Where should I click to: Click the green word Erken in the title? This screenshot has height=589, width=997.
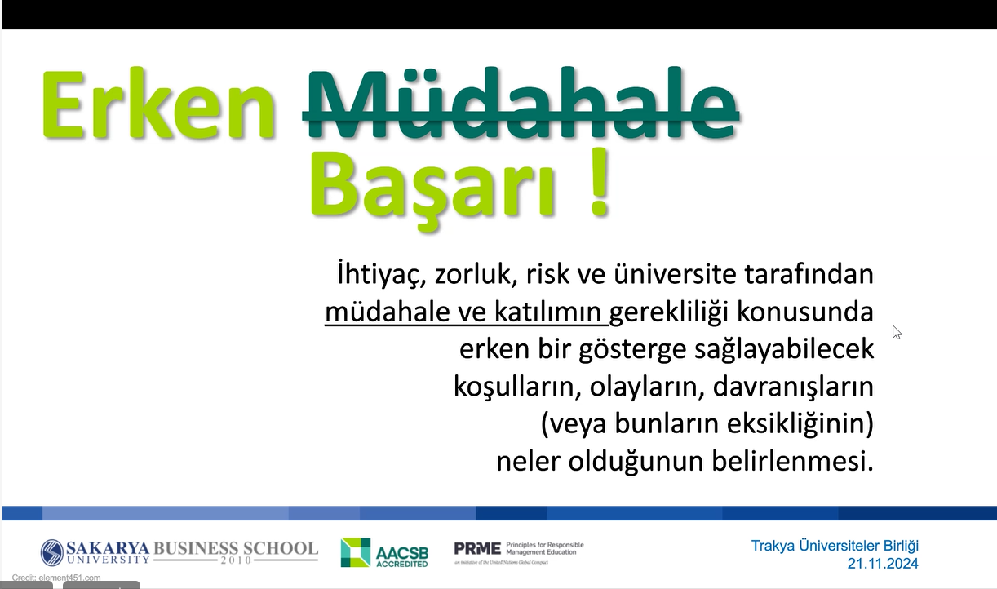tap(157, 104)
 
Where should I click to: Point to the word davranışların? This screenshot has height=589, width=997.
tap(793, 387)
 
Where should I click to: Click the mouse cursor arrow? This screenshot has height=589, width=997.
tap(897, 332)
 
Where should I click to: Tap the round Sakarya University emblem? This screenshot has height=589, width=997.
tap(52, 552)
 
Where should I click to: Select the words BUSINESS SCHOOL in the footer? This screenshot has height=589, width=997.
tap(236, 548)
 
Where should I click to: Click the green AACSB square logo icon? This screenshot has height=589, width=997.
tap(356, 552)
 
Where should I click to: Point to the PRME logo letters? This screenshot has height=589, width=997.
tap(477, 547)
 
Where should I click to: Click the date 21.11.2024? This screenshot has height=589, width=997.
tap(883, 564)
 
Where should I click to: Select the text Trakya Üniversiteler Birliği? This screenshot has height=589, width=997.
tap(835, 546)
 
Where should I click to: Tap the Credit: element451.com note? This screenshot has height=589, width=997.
tap(56, 578)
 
